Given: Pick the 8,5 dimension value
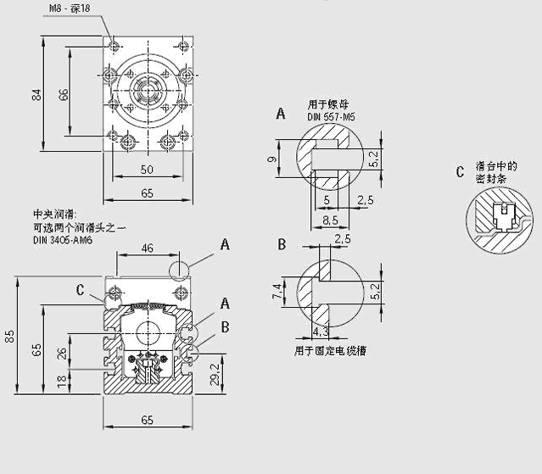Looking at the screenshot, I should (331, 218).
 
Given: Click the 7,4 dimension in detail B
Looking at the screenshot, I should (277, 293).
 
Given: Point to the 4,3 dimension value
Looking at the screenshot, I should (320, 331).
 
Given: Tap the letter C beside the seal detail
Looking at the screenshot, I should (459, 173).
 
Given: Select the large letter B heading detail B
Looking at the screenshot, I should (281, 246).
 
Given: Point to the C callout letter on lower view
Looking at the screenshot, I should (80, 290).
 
